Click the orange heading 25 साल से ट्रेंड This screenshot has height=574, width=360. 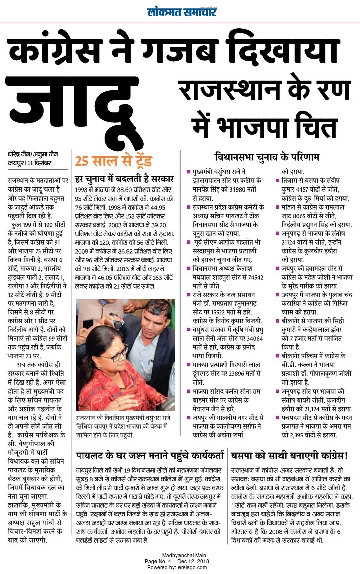point(106,161)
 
